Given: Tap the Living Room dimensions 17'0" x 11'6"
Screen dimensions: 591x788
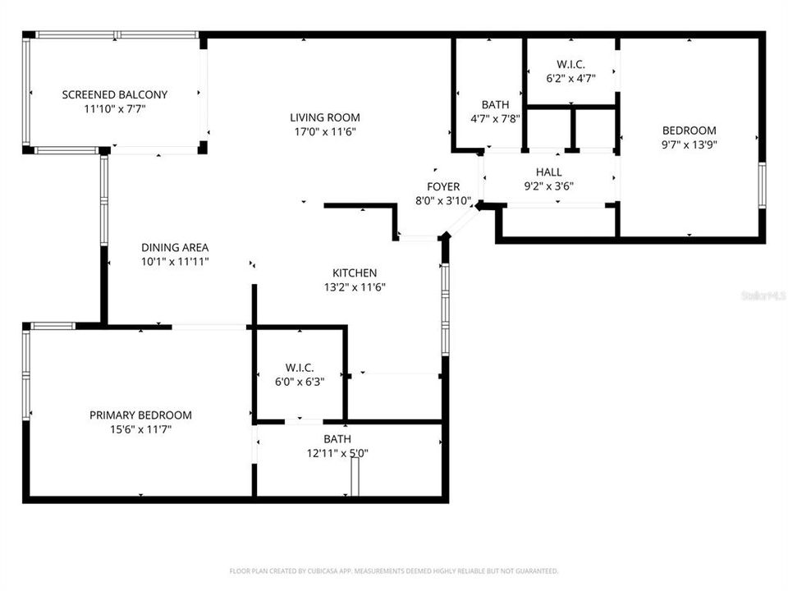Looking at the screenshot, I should click(325, 131).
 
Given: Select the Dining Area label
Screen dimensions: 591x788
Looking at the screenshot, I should click(175, 247).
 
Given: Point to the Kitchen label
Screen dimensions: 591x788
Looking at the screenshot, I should click(355, 273).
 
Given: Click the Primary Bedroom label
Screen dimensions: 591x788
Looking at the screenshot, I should click(140, 415).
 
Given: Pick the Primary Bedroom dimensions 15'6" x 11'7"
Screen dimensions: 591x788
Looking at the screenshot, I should click(140, 428).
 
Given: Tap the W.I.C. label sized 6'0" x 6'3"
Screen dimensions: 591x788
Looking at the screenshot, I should click(300, 368).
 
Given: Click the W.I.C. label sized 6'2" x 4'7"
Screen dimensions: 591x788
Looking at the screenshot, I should click(570, 64).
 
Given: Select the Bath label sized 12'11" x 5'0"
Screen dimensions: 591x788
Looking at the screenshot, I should click(337, 439).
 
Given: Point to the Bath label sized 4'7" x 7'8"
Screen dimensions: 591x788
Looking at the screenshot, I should click(495, 104).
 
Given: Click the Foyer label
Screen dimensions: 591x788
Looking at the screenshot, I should click(443, 186).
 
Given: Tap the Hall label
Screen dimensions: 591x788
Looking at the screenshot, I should click(549, 172).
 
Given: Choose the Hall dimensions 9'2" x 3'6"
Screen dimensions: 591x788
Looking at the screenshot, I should click(549, 186).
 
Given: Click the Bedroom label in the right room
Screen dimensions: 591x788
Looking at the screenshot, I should click(689, 130).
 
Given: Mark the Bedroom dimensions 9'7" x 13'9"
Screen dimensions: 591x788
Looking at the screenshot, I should click(689, 144).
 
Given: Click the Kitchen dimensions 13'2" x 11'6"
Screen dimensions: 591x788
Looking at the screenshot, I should click(355, 287).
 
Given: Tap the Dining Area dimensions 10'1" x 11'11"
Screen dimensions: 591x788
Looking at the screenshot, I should click(175, 261).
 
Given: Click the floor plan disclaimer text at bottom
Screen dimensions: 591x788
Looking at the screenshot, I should click(394, 570).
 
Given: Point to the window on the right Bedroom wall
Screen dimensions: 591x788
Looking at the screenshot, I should click(762, 186).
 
